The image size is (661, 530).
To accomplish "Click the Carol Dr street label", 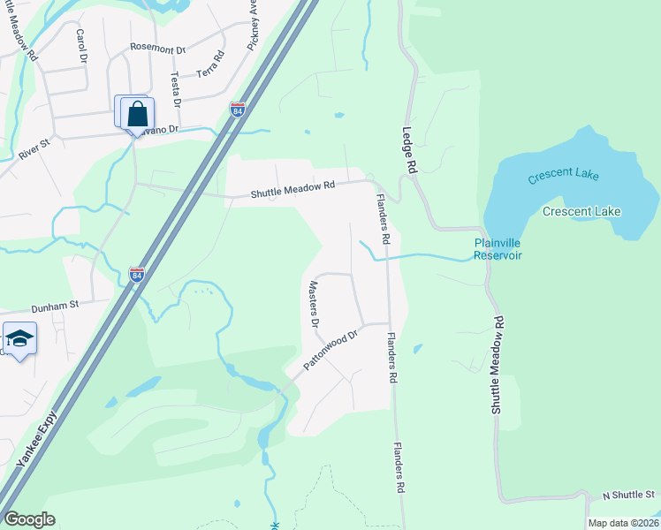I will coord(82,45).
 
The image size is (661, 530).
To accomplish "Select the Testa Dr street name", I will coord(175,89).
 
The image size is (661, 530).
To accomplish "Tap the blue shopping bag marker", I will coord(137,114).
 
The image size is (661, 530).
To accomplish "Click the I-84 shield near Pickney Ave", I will coord(237,110).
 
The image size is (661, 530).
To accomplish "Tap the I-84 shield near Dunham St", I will coord(136,275).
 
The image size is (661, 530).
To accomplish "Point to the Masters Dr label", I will coord(314,305).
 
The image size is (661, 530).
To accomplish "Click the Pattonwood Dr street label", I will coord(330,351).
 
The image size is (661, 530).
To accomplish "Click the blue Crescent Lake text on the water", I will coord(563,176).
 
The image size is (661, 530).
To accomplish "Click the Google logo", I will coord(29,519).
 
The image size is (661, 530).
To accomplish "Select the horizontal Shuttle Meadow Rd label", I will coord(293,186).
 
